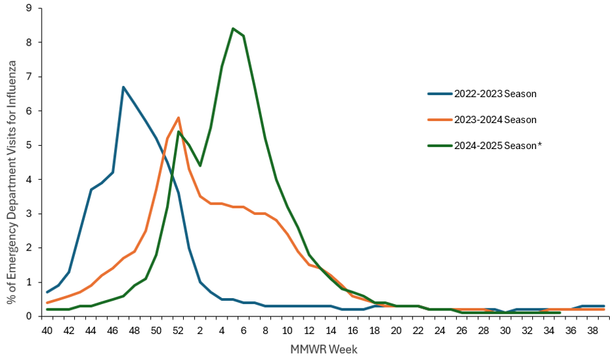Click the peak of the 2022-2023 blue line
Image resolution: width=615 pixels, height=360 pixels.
coord(123,87)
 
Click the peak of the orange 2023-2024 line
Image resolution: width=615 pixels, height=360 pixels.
coord(178,118)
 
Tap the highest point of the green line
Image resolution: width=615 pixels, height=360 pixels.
coord(233,29)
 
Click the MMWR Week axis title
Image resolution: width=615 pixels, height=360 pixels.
coord(324,350)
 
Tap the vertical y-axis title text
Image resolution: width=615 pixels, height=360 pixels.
coord(12,163)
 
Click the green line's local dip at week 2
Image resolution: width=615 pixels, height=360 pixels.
coord(199,165)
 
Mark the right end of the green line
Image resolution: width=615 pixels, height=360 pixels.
coord(560,312)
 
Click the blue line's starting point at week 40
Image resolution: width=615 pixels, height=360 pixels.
coord(47,292)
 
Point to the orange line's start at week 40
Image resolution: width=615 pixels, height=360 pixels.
coord(47,303)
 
